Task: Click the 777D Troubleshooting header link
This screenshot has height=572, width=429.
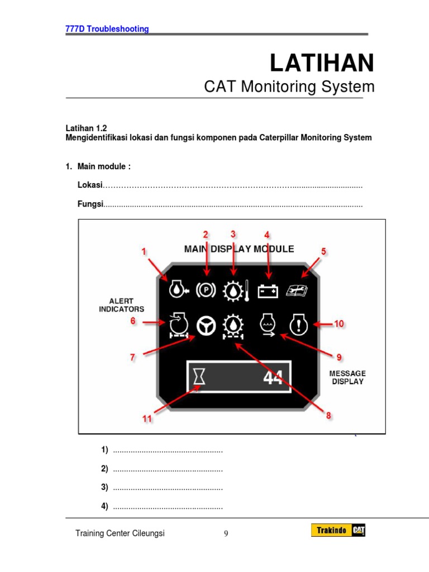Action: (x=107, y=29)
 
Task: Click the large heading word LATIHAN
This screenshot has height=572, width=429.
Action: (x=322, y=63)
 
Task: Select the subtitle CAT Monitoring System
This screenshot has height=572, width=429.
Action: (x=289, y=87)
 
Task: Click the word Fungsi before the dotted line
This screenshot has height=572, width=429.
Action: (x=90, y=204)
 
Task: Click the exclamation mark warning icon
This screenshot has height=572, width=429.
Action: (x=299, y=324)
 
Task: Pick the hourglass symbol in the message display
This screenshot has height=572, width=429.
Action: (x=199, y=378)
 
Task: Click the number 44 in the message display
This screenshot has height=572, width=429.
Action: (x=273, y=378)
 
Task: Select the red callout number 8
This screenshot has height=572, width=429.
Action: (x=328, y=415)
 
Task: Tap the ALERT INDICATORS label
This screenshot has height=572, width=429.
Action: (x=121, y=305)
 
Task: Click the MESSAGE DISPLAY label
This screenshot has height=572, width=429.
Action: (x=347, y=377)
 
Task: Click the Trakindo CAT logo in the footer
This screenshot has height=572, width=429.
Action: (x=339, y=532)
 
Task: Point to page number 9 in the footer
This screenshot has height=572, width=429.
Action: (x=226, y=533)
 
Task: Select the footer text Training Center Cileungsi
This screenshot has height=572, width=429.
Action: (x=120, y=533)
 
